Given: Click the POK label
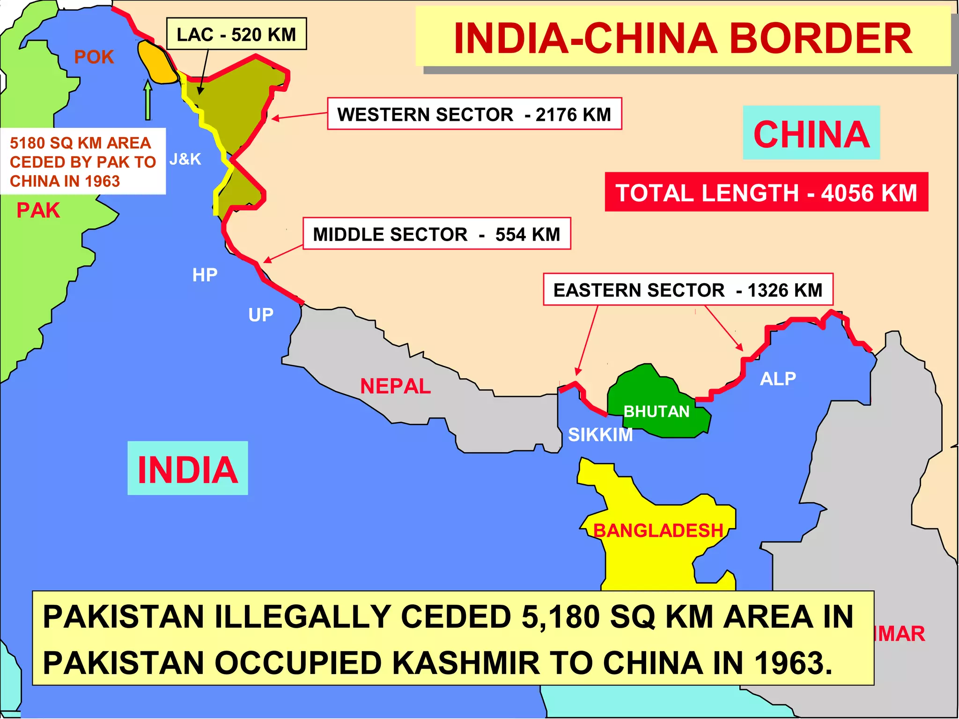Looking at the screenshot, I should tap(94, 57).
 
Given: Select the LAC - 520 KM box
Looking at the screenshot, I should tap(236, 34).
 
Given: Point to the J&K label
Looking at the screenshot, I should tap(185, 159).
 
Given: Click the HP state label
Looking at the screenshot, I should tap(205, 275).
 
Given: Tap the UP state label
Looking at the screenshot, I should tap(261, 315).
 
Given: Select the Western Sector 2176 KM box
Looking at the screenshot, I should tap(474, 114).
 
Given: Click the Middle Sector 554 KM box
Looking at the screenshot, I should tap(436, 234).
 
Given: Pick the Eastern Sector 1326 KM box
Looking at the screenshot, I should tap(688, 290).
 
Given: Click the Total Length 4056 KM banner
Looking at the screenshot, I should tap(766, 192).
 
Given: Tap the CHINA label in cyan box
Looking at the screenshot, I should tap(811, 134).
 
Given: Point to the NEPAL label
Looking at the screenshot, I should tap(395, 386).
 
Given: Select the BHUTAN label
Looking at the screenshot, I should tap(656, 411).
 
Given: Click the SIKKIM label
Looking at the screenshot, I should tap(600, 435).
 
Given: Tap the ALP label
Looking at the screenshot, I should tap(778, 378).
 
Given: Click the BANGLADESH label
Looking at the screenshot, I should tap(658, 530).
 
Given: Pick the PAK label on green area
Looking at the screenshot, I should tap(38, 210).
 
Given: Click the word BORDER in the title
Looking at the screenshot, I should tap(820, 38).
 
